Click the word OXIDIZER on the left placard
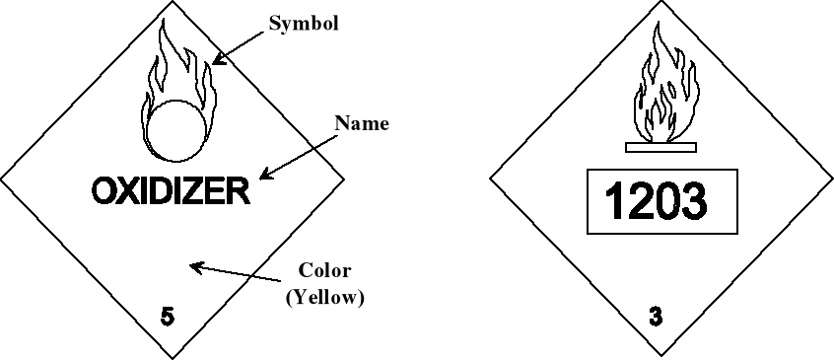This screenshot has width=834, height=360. tap(170, 190)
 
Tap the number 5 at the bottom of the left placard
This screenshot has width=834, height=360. tap(168, 317)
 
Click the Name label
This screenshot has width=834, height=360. tap(362, 123)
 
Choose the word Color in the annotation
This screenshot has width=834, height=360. tap(324, 270)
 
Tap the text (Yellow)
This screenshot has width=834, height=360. tap(325, 296)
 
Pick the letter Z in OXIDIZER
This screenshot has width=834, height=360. tap(191, 190)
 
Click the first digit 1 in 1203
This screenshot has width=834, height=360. tap(614, 202)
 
